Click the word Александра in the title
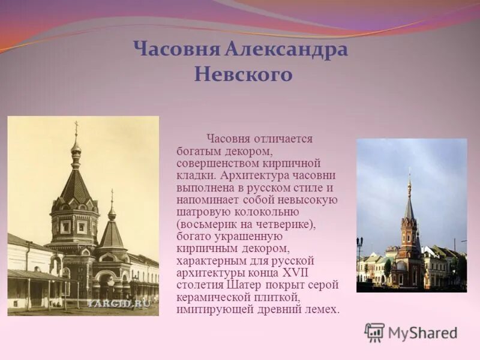[x=286, y=49]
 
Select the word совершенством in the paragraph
[x=214, y=163]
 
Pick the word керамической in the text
[x=212, y=297]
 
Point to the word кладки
[x=196, y=175]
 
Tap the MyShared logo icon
[x=374, y=332]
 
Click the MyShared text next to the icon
[x=422, y=332]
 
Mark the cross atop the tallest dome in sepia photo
[x=76, y=128]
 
